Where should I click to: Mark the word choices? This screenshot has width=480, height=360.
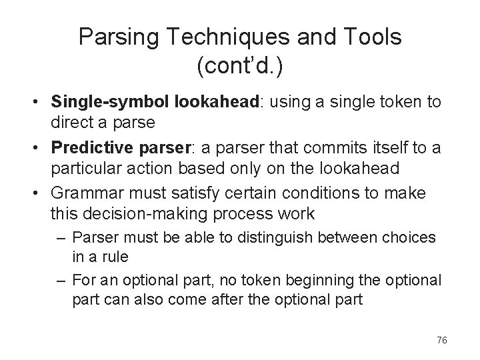413,237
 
